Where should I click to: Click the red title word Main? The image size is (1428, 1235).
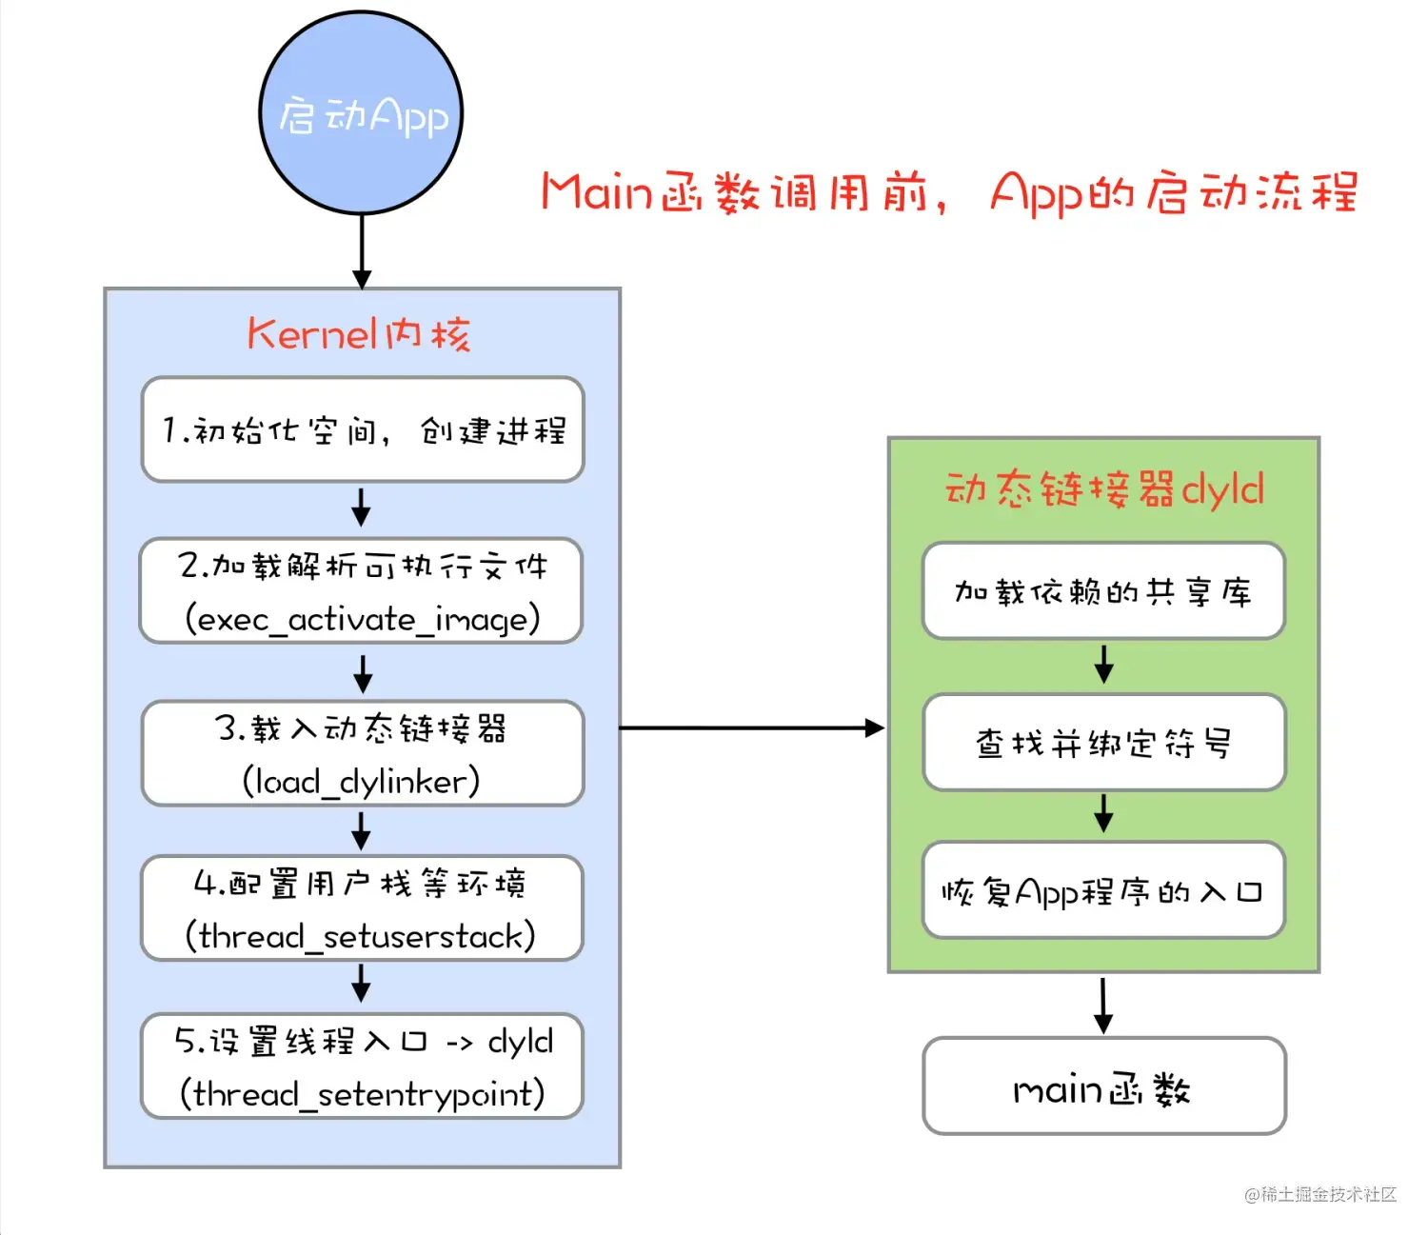click(x=596, y=191)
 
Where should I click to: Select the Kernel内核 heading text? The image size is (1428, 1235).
click(x=359, y=334)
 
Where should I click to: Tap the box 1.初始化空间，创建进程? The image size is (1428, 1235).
click(x=362, y=429)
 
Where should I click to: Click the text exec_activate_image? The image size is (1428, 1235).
click(x=362, y=619)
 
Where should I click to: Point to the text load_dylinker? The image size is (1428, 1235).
click(x=361, y=782)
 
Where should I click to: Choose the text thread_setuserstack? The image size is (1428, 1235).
click(x=361, y=936)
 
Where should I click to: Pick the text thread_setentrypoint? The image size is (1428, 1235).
click(x=362, y=1093)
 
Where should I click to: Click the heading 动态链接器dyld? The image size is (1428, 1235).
click(x=1103, y=489)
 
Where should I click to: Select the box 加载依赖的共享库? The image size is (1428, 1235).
click(x=1103, y=591)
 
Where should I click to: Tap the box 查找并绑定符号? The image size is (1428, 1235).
click(x=1103, y=743)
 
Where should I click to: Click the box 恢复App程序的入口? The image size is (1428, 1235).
click(x=1103, y=891)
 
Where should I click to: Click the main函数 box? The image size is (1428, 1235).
click(x=1103, y=1086)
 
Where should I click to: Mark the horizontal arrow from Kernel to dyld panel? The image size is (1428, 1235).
click(x=752, y=728)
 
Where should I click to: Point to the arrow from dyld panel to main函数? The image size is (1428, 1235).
click(x=1103, y=1005)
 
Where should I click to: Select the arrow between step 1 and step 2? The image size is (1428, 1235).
click(x=361, y=508)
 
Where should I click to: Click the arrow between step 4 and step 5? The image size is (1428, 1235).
click(x=361, y=984)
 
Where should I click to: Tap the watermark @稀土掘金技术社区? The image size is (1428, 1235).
click(x=1319, y=1194)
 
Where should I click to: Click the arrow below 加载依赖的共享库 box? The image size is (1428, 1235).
click(x=1103, y=664)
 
